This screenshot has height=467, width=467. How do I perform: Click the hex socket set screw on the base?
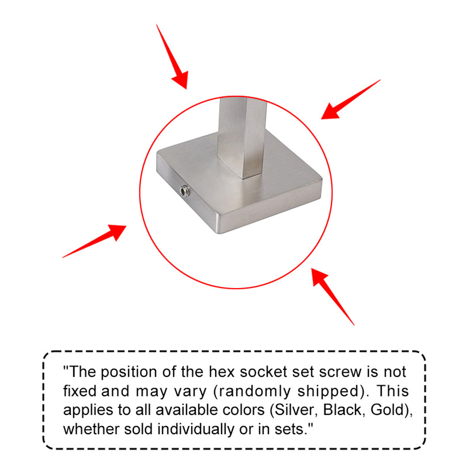click(x=184, y=191)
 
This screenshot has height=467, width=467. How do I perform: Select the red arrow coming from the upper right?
click(x=351, y=99)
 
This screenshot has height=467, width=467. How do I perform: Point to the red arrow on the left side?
click(x=94, y=241)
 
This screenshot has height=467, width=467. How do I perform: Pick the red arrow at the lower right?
click(x=333, y=297)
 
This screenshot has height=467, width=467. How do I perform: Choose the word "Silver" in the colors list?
click(x=296, y=410)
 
